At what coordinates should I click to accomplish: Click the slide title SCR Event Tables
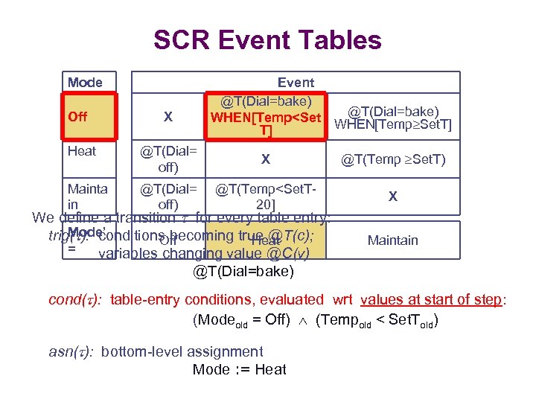click(x=267, y=39)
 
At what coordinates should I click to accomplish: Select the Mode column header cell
click(x=85, y=82)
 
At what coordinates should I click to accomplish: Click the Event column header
click(x=296, y=82)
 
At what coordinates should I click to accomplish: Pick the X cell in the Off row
click(x=167, y=117)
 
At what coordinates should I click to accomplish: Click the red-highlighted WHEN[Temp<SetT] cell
click(x=266, y=117)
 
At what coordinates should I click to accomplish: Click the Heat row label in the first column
click(x=82, y=151)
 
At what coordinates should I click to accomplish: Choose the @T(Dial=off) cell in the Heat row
click(x=167, y=159)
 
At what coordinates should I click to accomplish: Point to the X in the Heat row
click(x=266, y=159)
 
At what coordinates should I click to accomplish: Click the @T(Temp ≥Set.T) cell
click(x=394, y=159)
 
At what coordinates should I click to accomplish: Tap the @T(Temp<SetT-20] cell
click(x=266, y=197)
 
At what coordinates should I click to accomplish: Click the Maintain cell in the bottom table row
click(x=394, y=240)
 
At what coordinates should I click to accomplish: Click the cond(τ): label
click(x=75, y=300)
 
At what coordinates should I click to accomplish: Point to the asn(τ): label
click(x=71, y=352)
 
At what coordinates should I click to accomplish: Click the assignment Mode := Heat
click(x=239, y=369)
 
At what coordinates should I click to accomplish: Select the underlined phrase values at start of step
click(x=432, y=300)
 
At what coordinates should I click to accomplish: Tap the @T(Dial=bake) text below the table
click(x=243, y=271)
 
